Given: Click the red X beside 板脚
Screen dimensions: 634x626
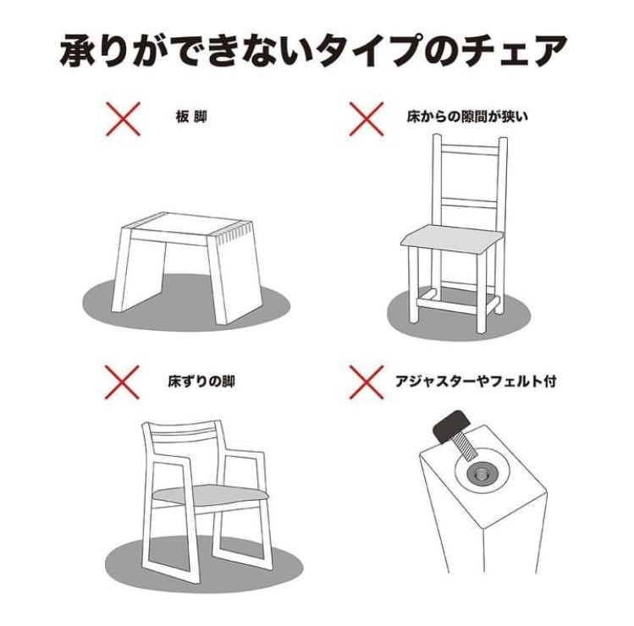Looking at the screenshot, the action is tap(124, 118).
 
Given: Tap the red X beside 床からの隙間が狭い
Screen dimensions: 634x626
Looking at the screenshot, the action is tap(367, 118).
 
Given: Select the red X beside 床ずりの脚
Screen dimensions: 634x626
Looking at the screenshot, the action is tap(123, 382).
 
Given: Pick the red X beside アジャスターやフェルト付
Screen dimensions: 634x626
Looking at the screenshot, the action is tap(367, 382).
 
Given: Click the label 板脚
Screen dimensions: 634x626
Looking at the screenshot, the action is tap(191, 118).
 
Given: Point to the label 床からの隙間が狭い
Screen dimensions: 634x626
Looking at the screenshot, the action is tap(467, 118).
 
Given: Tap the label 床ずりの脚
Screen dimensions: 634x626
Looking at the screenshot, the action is tap(201, 381).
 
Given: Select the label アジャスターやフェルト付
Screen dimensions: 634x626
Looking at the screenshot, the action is tap(476, 381).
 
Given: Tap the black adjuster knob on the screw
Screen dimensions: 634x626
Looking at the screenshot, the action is tap(451, 426).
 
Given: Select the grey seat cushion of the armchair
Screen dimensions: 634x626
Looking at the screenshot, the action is tap(210, 495).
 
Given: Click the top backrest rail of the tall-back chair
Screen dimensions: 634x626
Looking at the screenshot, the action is tap(469, 150).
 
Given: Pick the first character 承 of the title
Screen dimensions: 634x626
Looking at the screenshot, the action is tap(78, 52).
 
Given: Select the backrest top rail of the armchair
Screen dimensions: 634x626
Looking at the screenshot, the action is tap(183, 426).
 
